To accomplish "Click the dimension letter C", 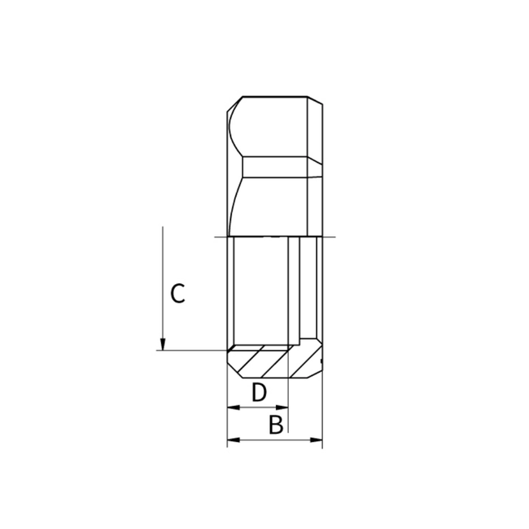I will tap(177, 293).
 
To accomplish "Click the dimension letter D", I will tap(258, 392).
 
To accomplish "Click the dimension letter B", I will tap(276, 425).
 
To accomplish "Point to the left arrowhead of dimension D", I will tap(232, 406).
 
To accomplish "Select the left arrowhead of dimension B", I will tap(232, 440).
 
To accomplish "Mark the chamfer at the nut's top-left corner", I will tap(233, 102).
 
